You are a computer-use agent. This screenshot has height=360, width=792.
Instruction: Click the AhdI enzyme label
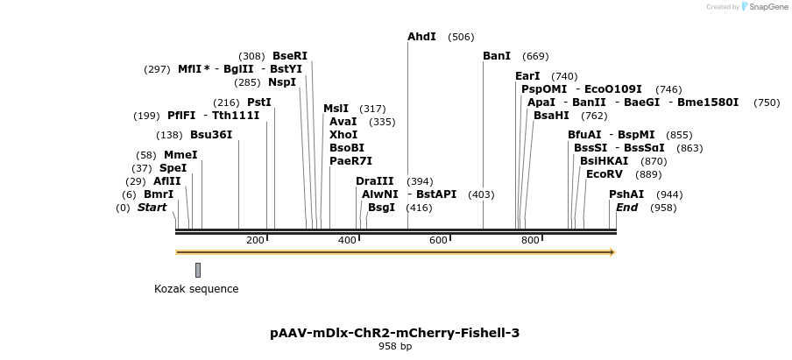(x=421, y=37)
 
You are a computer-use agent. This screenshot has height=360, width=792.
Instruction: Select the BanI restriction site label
(x=497, y=56)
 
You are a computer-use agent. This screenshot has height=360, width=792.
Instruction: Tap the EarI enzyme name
(x=527, y=76)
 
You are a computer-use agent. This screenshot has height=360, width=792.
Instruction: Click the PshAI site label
(x=626, y=194)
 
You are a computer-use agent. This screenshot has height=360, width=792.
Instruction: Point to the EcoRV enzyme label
(x=605, y=174)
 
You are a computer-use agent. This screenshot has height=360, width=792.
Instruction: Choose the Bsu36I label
(x=211, y=135)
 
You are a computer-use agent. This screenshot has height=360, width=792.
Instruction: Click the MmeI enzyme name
(x=180, y=155)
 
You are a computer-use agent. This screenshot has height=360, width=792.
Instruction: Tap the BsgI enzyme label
(x=381, y=208)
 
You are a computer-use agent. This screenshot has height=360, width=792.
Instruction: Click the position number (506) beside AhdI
(x=461, y=37)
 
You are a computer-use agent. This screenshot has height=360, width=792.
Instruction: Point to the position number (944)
(x=670, y=194)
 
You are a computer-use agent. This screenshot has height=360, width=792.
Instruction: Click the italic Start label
(x=152, y=208)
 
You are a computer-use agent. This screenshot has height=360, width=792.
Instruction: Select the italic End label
(x=626, y=208)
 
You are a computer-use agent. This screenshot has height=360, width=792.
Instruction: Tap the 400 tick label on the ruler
(x=347, y=240)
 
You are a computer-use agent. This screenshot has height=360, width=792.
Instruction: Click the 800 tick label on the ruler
(x=529, y=240)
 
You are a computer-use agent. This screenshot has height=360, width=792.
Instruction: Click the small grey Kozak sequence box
(x=198, y=270)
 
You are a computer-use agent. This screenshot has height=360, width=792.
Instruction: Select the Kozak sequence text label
(x=196, y=289)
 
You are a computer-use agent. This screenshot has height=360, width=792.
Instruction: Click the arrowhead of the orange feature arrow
(x=612, y=252)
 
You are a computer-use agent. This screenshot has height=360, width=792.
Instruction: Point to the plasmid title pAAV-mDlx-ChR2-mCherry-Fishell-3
(x=395, y=333)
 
